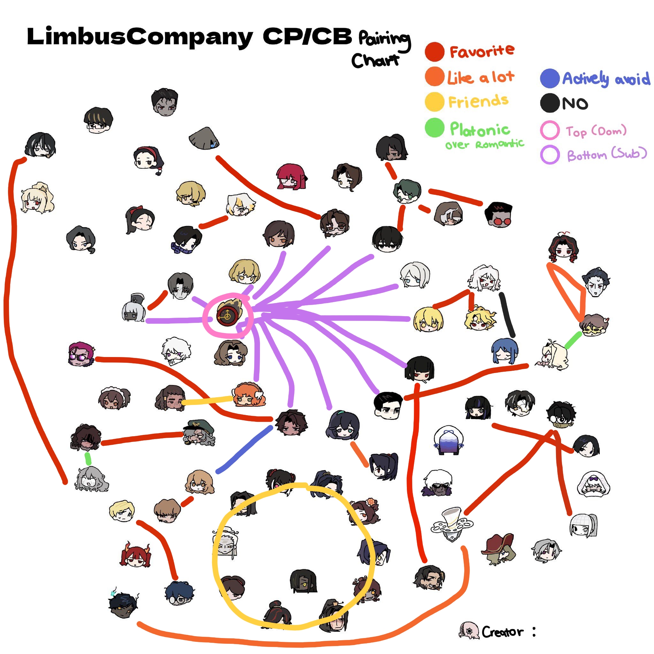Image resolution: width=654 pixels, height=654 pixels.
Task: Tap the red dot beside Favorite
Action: coord(434,52)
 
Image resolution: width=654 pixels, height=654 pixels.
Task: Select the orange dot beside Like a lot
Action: coord(434,77)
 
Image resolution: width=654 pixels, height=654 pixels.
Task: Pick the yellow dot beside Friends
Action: coord(434,102)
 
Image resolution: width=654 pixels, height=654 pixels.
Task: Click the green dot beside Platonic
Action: coord(434,128)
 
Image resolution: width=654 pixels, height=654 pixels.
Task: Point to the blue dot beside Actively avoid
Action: coord(549,78)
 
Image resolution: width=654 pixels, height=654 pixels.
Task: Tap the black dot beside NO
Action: coord(549,103)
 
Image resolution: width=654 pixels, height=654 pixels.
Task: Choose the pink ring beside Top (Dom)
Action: coord(549,130)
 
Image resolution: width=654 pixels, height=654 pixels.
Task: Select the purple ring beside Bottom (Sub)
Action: coord(549,154)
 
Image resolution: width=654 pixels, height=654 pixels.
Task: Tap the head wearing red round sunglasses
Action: coord(498,215)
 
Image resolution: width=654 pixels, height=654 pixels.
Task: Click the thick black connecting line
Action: coord(507,315)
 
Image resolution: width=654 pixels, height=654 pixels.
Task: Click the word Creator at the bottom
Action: coord(502,632)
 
